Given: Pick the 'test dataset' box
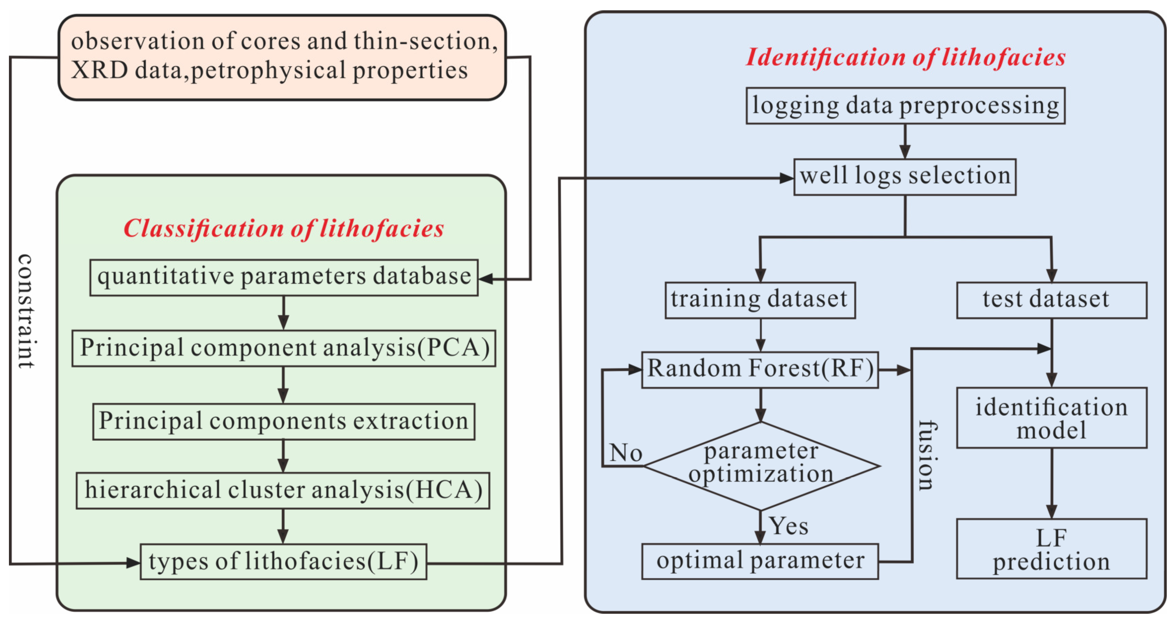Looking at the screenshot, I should (1051, 300).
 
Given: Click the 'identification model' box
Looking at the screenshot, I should (1051, 418).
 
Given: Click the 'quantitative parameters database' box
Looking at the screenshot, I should (284, 277).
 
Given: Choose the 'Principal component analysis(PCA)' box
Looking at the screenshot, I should (284, 348).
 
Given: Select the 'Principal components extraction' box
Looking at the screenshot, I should (284, 421).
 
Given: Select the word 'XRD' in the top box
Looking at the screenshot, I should (99, 71).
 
